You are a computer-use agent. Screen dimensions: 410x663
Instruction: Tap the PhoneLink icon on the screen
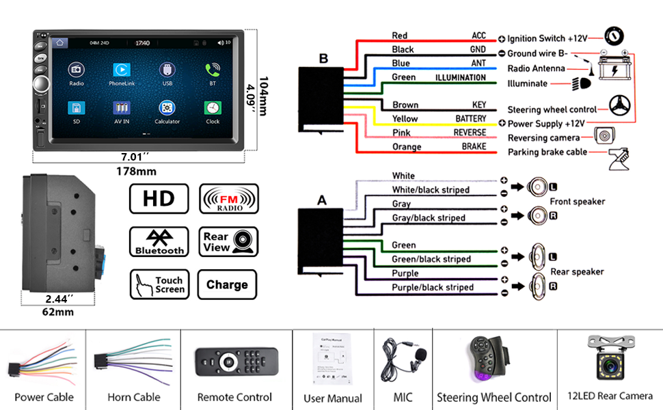coord(122,70)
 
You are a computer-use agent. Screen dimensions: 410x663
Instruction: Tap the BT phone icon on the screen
coord(213,70)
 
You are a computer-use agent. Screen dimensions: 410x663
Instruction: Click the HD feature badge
coord(159,199)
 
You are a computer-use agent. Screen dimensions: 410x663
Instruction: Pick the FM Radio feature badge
coord(228,199)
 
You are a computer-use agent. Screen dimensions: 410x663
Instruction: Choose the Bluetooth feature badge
coord(159,242)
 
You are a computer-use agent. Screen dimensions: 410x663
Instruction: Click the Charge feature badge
coord(227,284)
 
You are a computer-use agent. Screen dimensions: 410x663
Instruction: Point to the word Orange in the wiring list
coord(407,147)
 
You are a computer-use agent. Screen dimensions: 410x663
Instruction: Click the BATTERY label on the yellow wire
coord(470,119)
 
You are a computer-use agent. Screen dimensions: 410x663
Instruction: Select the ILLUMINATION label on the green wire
coord(461,77)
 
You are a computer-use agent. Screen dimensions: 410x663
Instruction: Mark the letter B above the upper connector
coord(323,59)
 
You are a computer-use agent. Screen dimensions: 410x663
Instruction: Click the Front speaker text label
coord(577,202)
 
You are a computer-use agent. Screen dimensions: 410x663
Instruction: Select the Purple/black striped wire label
coord(432,288)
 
